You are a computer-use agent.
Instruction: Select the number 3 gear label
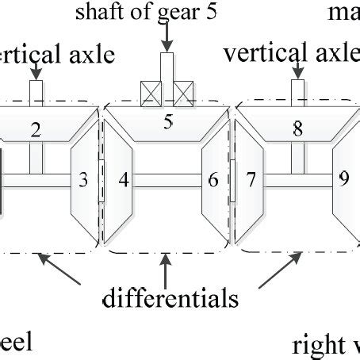point(83,180)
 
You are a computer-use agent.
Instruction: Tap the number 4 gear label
point(123,180)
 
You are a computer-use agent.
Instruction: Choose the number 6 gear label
point(213,180)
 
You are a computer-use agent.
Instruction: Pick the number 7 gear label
point(250,180)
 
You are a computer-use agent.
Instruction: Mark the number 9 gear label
point(343,178)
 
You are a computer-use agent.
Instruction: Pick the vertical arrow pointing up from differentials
point(167,270)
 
